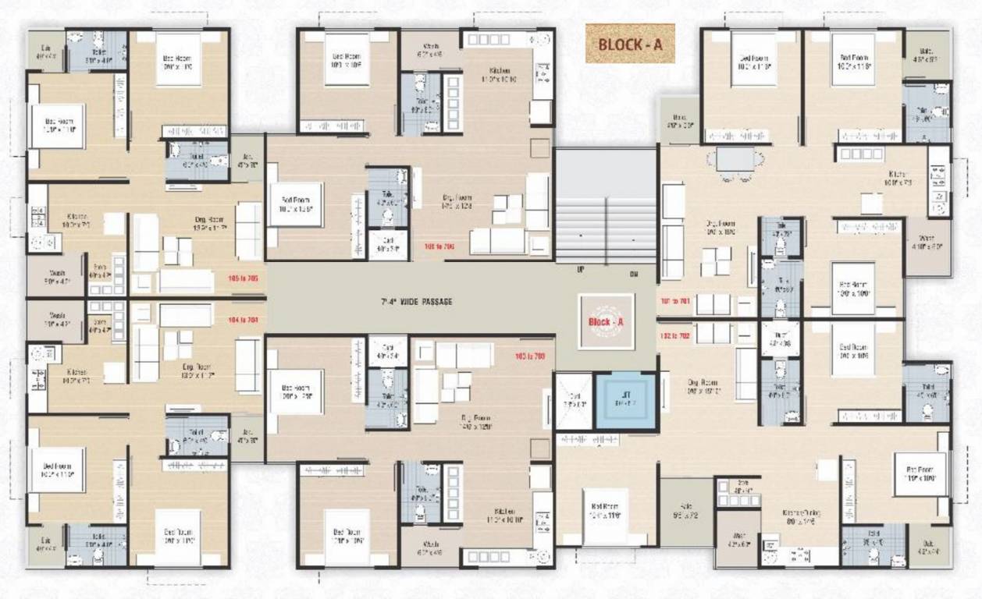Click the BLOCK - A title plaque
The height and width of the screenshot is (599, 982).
click(x=630, y=44)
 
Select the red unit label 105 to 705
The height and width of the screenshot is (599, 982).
click(x=243, y=278)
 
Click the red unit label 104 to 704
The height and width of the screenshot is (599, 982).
click(x=243, y=319)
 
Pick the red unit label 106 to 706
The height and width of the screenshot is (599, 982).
click(x=439, y=246)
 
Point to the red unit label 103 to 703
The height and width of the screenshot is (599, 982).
click(x=529, y=356)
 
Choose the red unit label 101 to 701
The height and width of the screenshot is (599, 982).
click(x=675, y=299)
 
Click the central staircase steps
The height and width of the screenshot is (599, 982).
click(x=606, y=207)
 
